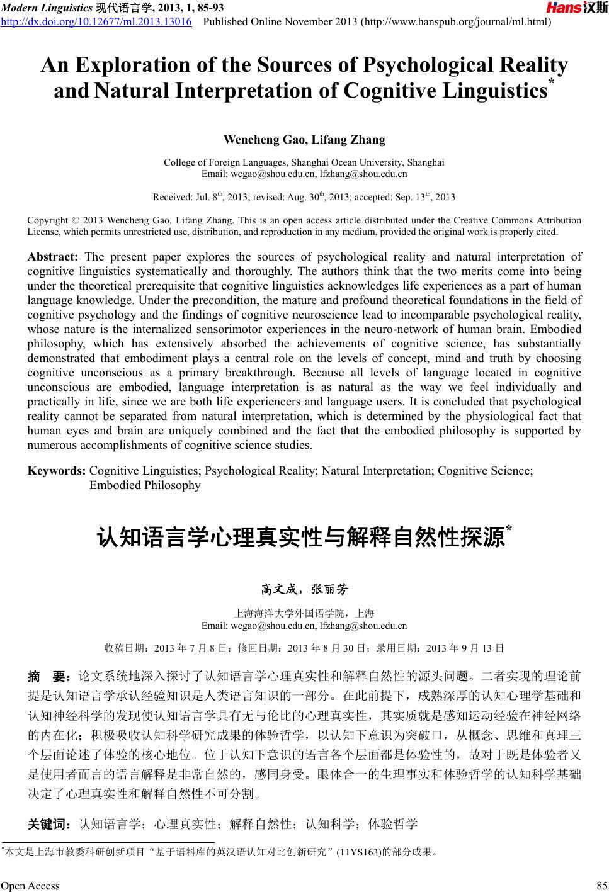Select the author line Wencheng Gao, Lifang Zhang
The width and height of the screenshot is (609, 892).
pos(304,139)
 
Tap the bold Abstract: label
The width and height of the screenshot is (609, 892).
pos(53,257)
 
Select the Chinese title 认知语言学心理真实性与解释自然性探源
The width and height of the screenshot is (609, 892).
pos(300,539)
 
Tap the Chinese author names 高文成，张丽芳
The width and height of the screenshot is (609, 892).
pos(304,590)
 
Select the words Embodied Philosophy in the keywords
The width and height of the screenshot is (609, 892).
pos(145,485)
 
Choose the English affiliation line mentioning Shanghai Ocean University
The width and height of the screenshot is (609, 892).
pos(304,162)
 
